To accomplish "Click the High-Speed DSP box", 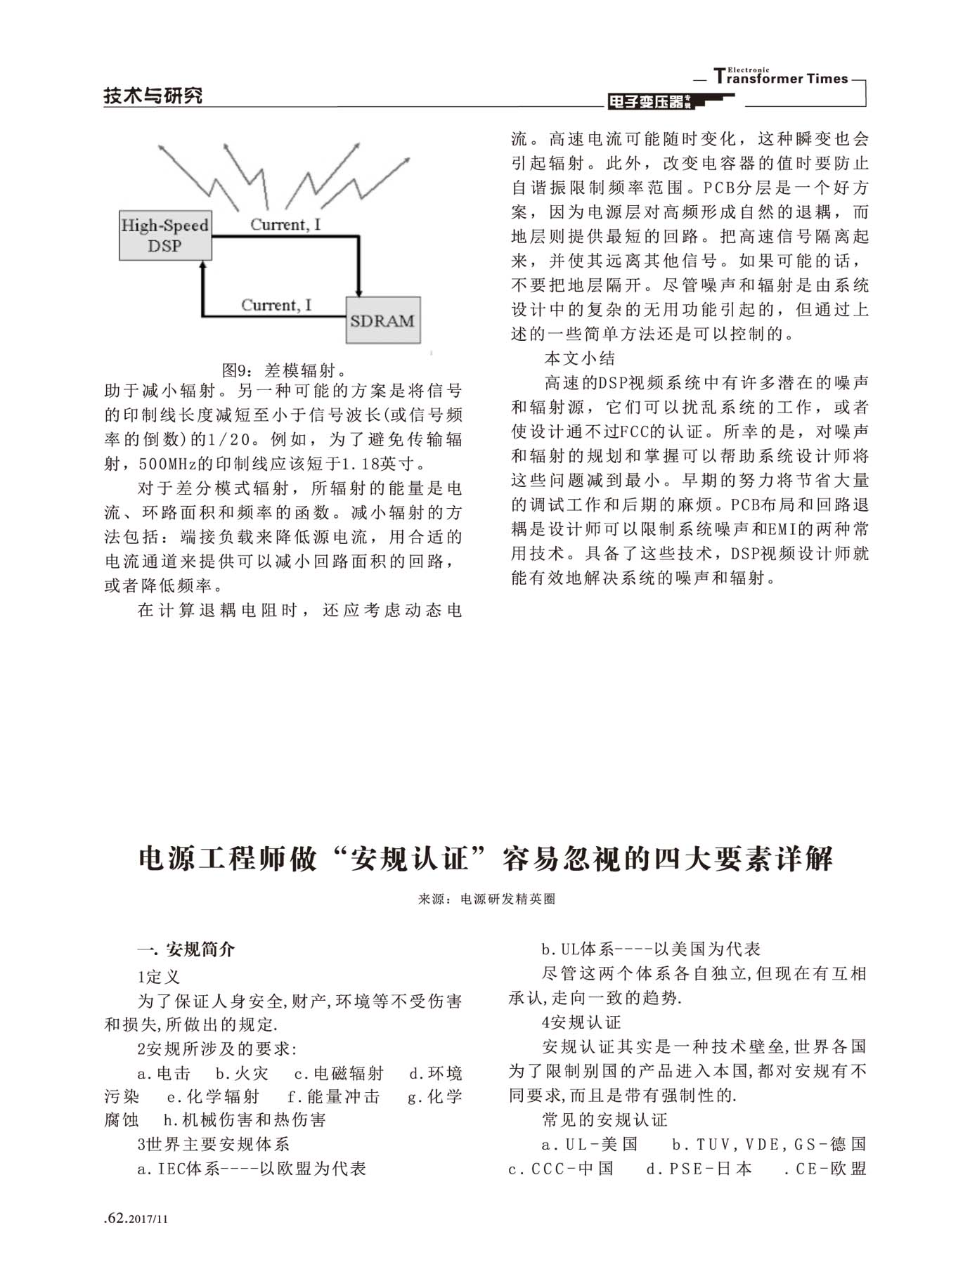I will pos(165,235).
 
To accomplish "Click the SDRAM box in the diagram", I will pos(382,320).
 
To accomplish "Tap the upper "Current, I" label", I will pos(285,225).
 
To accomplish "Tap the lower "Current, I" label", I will pos(276,305).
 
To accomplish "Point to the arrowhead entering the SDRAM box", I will pos(358,291).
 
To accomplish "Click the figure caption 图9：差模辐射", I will pos(283,370).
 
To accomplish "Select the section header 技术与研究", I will pos(153,95).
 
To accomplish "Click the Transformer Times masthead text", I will pos(781,77).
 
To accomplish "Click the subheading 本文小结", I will pos(580,358).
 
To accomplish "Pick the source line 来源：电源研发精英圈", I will pos(486,898).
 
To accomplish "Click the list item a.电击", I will pos(164,1073).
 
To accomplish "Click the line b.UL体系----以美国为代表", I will pos(651,949).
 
